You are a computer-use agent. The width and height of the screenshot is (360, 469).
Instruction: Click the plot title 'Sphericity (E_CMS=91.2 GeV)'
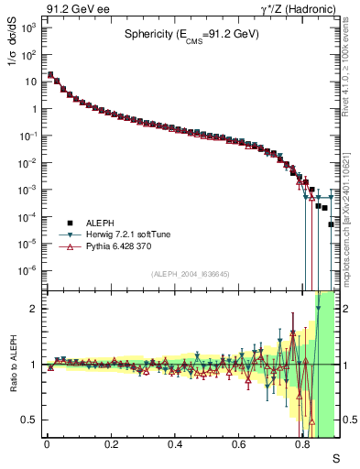[x=192, y=35]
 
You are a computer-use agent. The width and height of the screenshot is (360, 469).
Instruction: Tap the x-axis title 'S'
[x=335, y=457]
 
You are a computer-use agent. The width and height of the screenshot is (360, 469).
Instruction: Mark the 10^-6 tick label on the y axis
[x=29, y=271]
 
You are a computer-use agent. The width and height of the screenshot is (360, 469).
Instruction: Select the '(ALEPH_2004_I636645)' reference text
[x=190, y=274]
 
